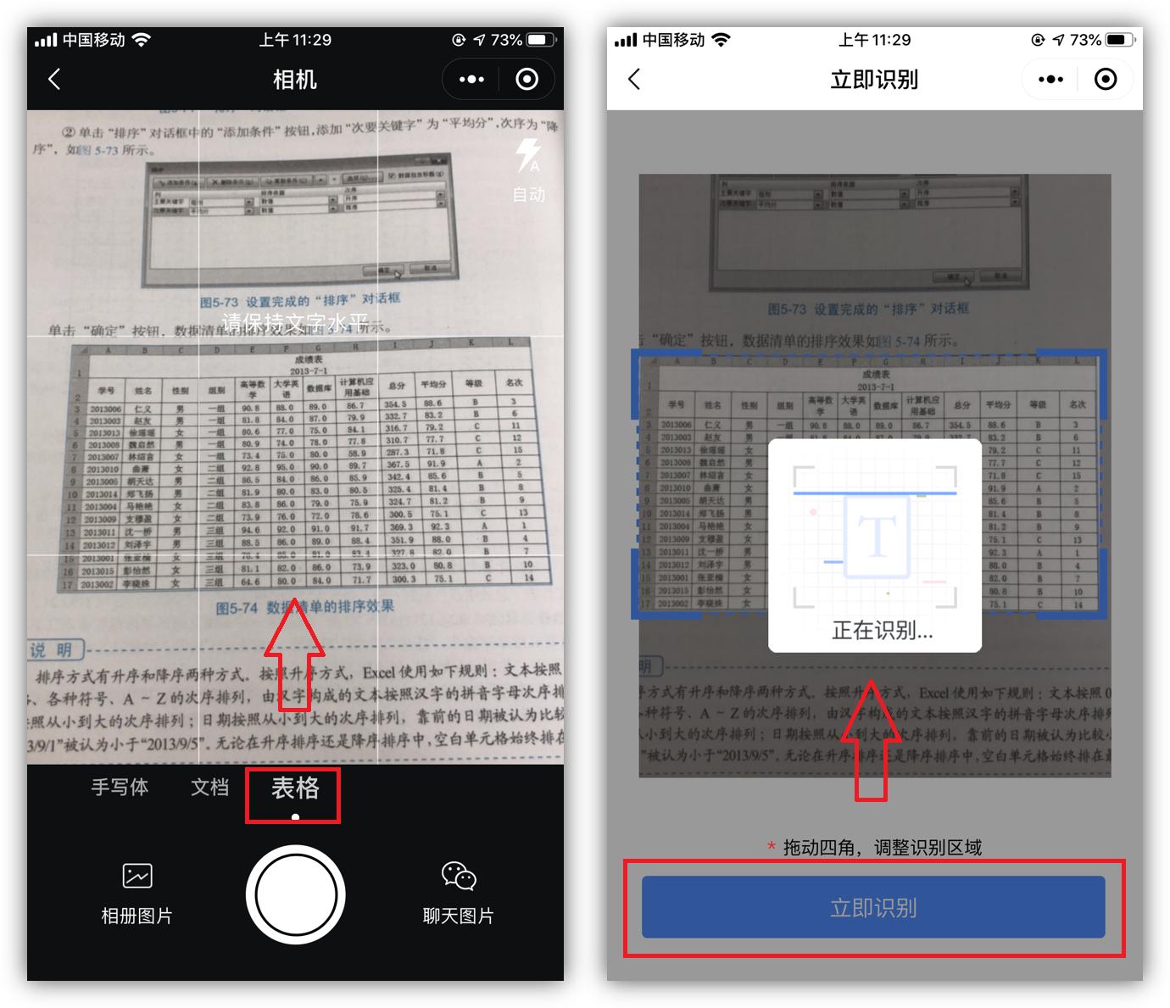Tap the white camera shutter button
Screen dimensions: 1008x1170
tap(295, 894)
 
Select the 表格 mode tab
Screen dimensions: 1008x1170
tap(294, 789)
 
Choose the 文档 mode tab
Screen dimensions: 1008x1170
tap(209, 788)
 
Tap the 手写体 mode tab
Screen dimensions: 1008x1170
tap(120, 788)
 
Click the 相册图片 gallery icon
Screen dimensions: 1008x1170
tap(136, 876)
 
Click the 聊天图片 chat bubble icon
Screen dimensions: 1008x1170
tap(459, 876)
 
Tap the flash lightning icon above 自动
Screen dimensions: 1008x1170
tap(528, 156)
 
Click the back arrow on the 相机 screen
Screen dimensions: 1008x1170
tap(54, 80)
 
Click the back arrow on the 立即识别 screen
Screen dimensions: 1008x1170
tap(634, 80)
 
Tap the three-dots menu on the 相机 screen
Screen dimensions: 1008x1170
tap(471, 80)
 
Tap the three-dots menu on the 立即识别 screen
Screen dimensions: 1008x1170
tap(1050, 80)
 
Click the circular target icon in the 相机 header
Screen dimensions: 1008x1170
tap(527, 80)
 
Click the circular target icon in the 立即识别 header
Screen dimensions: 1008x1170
tap(1106, 80)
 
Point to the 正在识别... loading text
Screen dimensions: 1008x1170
tap(882, 631)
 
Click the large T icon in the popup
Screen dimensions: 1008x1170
tap(877, 536)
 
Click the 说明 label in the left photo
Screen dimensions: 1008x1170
tap(52, 651)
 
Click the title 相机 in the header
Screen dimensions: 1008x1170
tap(294, 80)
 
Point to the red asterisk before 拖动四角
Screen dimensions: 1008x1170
tap(771, 847)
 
